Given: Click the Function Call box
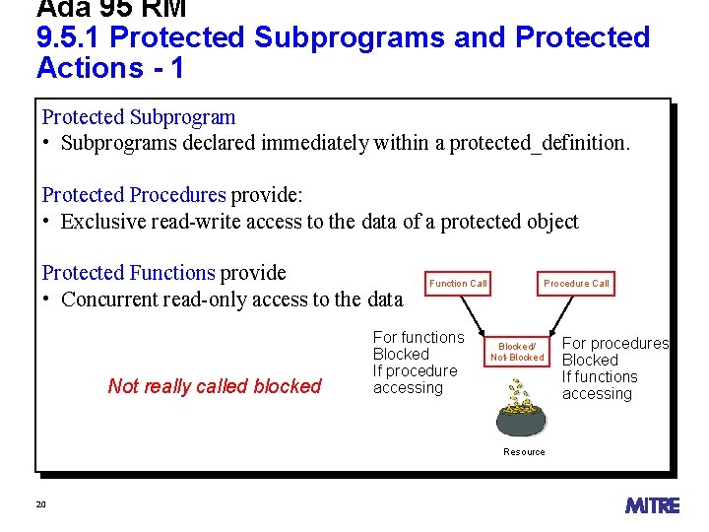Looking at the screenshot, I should [458, 284].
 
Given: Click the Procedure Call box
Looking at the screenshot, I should [576, 284].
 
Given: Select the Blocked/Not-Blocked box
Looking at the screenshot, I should [517, 352].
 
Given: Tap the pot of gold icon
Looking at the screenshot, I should [523, 413].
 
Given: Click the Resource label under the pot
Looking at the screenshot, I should [524, 452].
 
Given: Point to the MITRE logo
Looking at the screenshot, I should [652, 505].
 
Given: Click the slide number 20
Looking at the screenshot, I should [41, 504].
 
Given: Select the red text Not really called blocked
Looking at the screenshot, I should [215, 386].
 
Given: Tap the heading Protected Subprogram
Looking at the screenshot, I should [139, 117].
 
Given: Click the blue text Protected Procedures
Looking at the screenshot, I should [134, 195].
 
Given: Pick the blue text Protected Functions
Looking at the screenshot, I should [128, 273].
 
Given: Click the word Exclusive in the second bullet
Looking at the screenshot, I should [102, 222].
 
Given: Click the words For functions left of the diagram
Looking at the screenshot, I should [419, 338].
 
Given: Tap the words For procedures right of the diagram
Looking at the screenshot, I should [615, 344].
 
